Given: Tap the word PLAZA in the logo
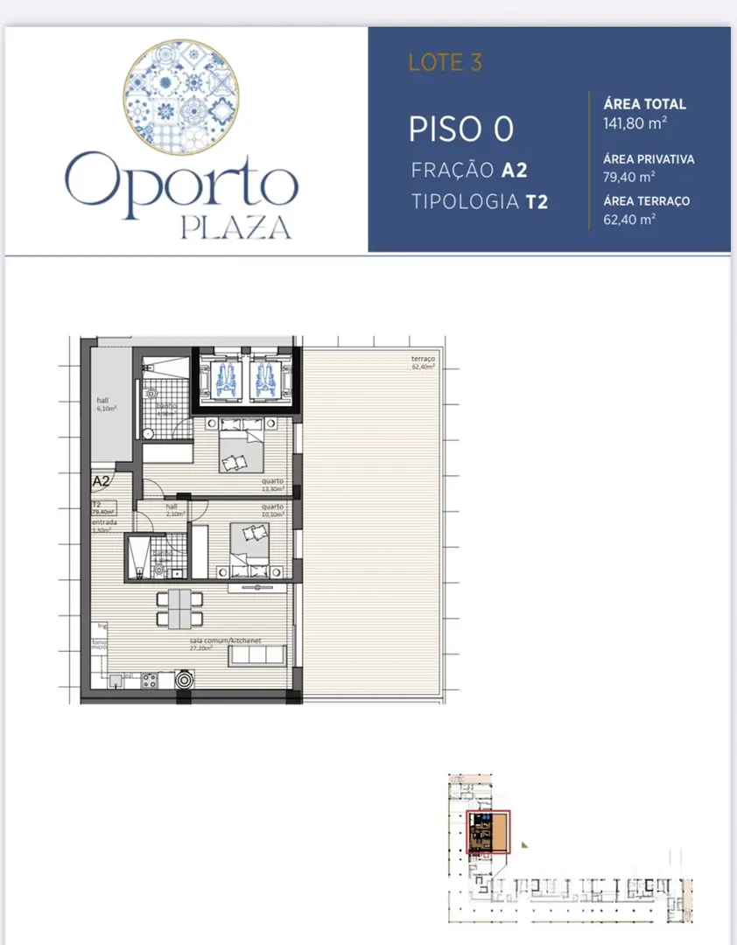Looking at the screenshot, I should point(235,227).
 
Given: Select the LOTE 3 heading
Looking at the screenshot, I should point(445,62).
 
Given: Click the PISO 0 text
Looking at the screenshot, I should point(460,129).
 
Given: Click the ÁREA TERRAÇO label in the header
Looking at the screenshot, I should point(647,201).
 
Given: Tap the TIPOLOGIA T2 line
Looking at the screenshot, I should point(480,202).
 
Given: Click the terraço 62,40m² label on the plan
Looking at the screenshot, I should point(423,363).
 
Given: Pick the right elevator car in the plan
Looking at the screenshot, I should point(264,377).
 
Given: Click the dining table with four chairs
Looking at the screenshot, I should point(179,607).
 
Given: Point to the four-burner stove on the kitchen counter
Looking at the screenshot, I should point(148,679).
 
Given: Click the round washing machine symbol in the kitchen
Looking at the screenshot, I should point(185,679).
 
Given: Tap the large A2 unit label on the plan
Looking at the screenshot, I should point(102,481).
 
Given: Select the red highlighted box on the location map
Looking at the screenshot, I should point(489,831).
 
